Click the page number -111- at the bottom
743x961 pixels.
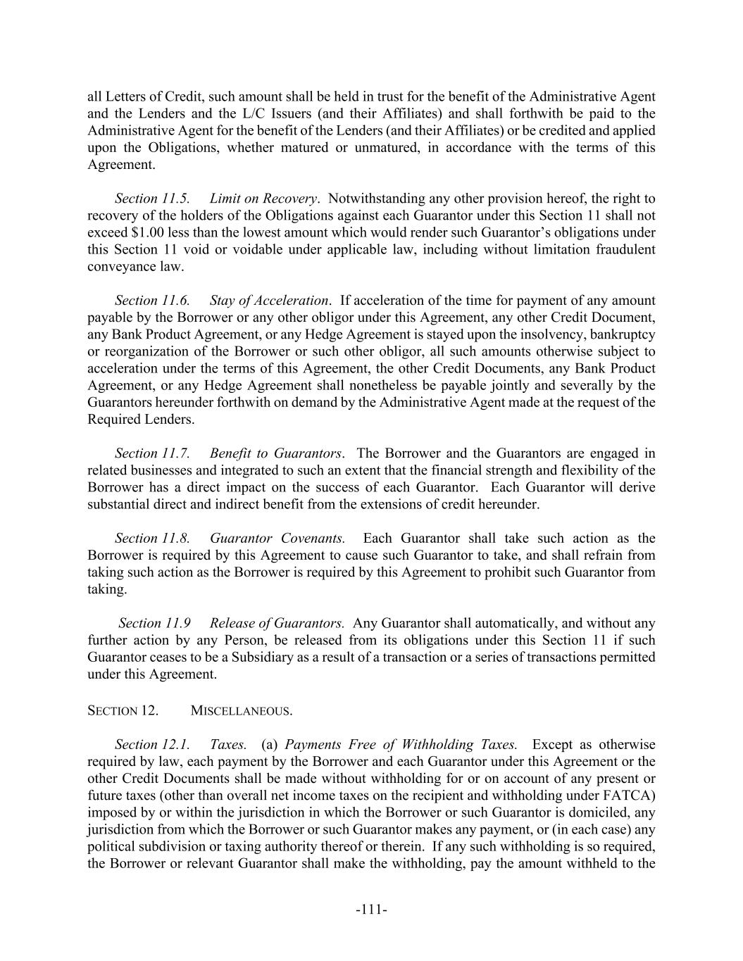(371, 910)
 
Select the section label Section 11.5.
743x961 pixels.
(152, 199)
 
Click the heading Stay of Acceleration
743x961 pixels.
(269, 301)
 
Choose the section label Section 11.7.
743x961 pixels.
(152, 453)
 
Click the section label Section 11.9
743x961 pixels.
(155, 624)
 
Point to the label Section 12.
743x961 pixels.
(123, 711)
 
